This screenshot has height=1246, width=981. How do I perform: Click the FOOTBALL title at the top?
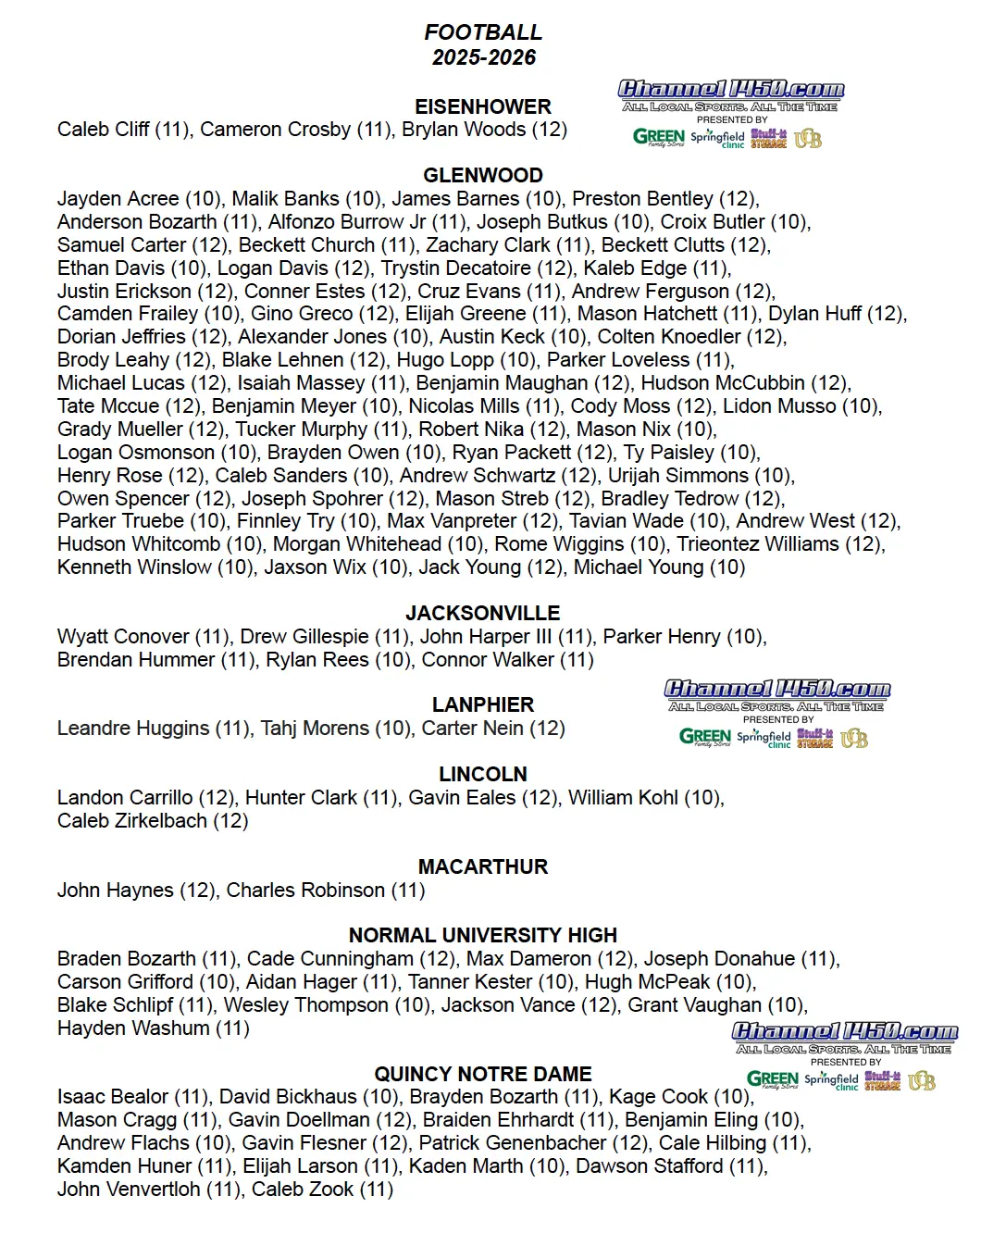(483, 32)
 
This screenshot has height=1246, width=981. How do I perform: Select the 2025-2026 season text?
(483, 57)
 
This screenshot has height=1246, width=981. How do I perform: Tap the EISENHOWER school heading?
(483, 106)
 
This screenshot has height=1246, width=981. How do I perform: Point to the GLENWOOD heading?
(483, 175)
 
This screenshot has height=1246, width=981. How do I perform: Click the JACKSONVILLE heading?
(483, 613)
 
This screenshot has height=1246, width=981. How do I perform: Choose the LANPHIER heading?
(483, 704)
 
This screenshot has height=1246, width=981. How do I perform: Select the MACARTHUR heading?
(483, 866)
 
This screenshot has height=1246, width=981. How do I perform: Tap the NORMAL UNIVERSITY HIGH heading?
(483, 935)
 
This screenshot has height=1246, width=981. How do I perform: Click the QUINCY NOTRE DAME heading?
(483, 1074)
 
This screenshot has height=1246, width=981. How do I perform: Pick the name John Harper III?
(486, 637)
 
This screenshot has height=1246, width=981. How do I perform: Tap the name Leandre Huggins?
(133, 729)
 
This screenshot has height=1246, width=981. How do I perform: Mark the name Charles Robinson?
(305, 891)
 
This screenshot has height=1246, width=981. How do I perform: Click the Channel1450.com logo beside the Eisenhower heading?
(731, 90)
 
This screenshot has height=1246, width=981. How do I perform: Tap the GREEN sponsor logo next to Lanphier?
(705, 737)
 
